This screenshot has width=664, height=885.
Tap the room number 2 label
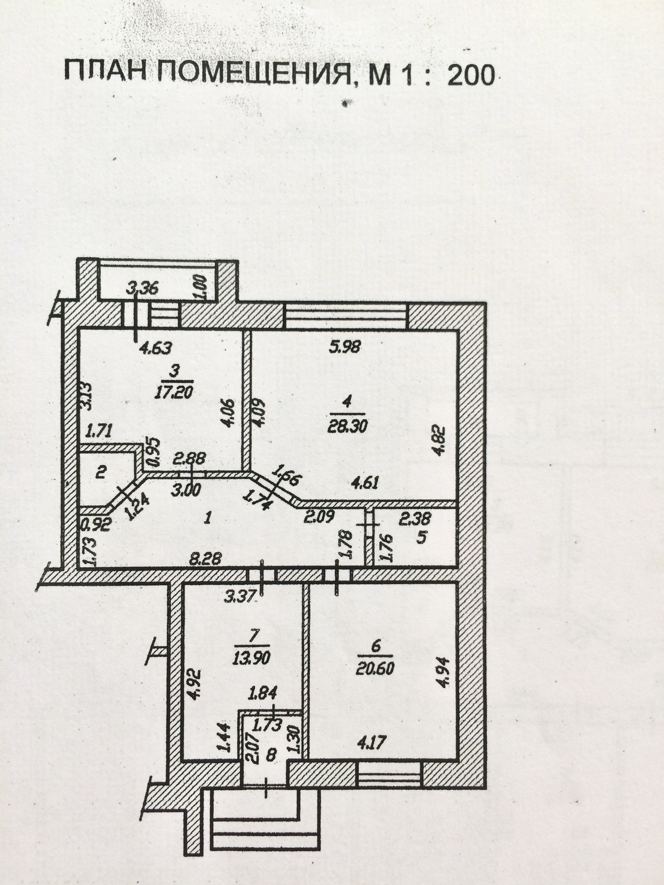(101, 473)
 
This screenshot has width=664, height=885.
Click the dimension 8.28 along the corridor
(211, 559)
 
